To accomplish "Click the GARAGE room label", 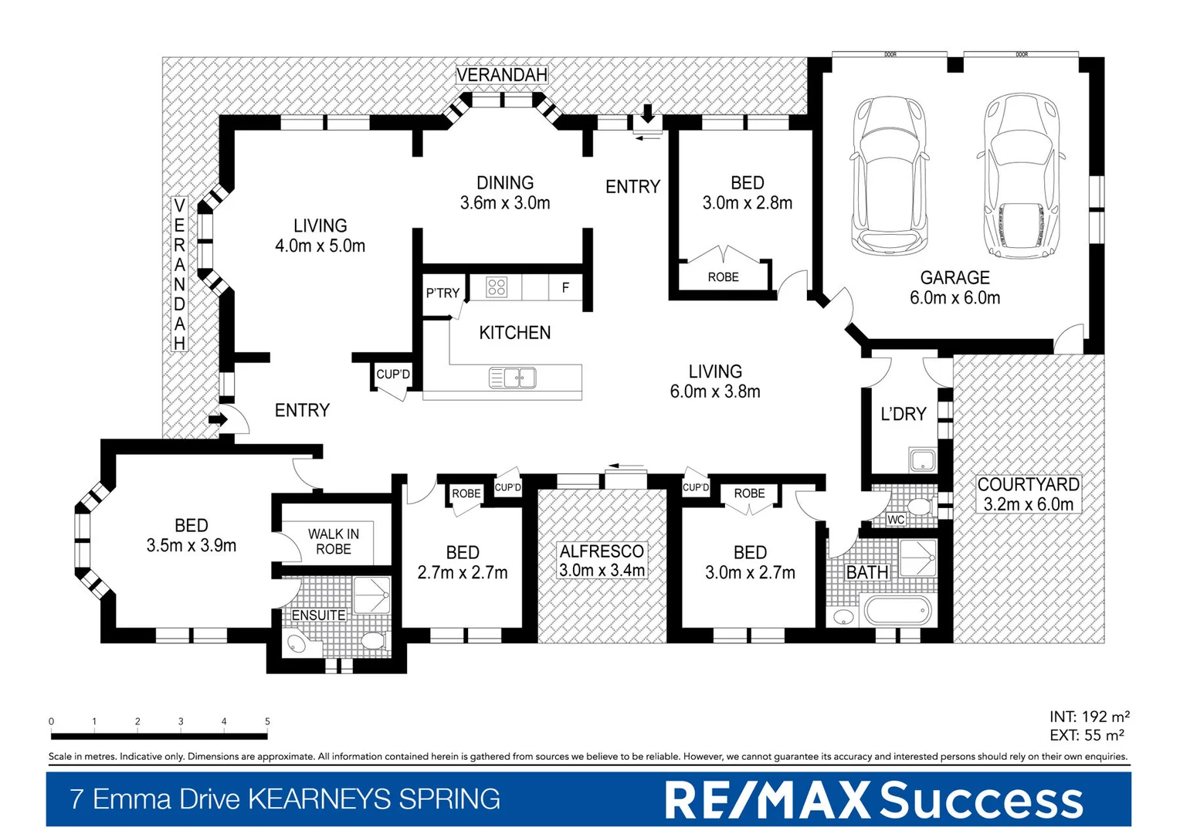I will (955, 278).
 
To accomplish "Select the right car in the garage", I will (1021, 176).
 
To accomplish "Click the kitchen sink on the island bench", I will (512, 378).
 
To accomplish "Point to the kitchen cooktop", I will (497, 288).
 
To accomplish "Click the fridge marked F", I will (565, 288).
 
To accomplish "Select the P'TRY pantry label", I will (442, 293).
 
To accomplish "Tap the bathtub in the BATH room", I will (896, 611).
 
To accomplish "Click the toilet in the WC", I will (919, 507).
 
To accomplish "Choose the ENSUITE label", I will (318, 615).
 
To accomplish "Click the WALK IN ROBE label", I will (334, 541).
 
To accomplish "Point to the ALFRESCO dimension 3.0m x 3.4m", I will (602, 571).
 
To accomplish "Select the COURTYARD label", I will (1028, 485).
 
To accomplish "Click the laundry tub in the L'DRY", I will (922, 461).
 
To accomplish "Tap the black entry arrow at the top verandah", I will (647, 114).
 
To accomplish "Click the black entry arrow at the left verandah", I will (217, 420).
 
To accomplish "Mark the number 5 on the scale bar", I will (267, 721).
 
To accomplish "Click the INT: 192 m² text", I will (1089, 717).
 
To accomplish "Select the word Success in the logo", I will (982, 799).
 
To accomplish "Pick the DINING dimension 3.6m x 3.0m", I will (505, 203).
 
